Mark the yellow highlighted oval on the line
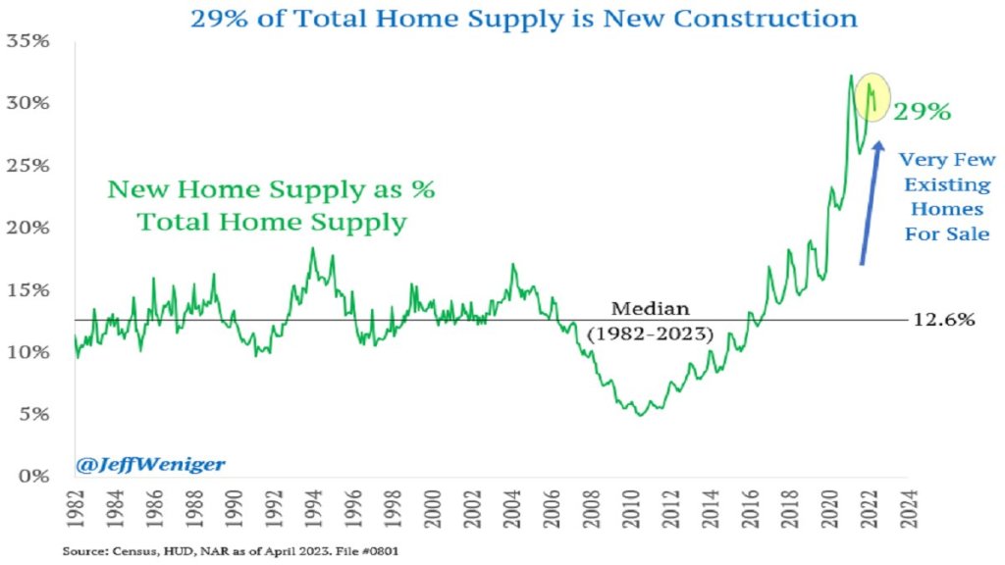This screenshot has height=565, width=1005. pos(872,97)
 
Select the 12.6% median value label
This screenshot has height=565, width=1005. pos(944,320)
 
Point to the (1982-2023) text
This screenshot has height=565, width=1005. pos(649,334)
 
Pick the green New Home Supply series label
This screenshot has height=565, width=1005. pos(271,205)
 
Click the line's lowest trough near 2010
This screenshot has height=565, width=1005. pos(640,415)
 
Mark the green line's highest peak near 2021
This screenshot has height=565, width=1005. pos(850,75)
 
